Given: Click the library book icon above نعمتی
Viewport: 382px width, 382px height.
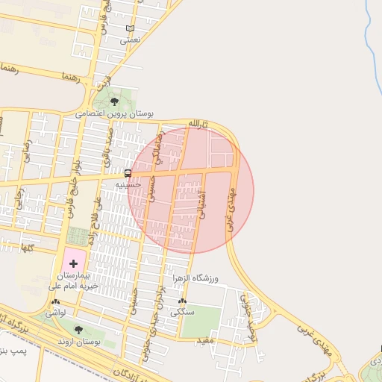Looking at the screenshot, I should pyautogui.click(x=131, y=29).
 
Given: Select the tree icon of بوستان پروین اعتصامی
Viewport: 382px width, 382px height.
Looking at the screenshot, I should pyautogui.click(x=114, y=101).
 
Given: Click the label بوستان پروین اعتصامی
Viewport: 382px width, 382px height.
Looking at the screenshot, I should pyautogui.click(x=114, y=114).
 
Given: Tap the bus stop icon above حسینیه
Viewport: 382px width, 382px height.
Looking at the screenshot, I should pyautogui.click(x=128, y=172).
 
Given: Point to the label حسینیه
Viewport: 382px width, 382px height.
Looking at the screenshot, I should pyautogui.click(x=127, y=184).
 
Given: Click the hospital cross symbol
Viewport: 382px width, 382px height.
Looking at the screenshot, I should pyautogui.click(x=73, y=262).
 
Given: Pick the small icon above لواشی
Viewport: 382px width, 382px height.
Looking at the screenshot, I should pyautogui.click(x=56, y=303).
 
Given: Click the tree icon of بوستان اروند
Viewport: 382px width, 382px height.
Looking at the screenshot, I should pyautogui.click(x=79, y=329).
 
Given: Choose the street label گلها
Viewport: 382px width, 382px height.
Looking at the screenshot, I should pyautogui.click(x=27, y=248).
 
